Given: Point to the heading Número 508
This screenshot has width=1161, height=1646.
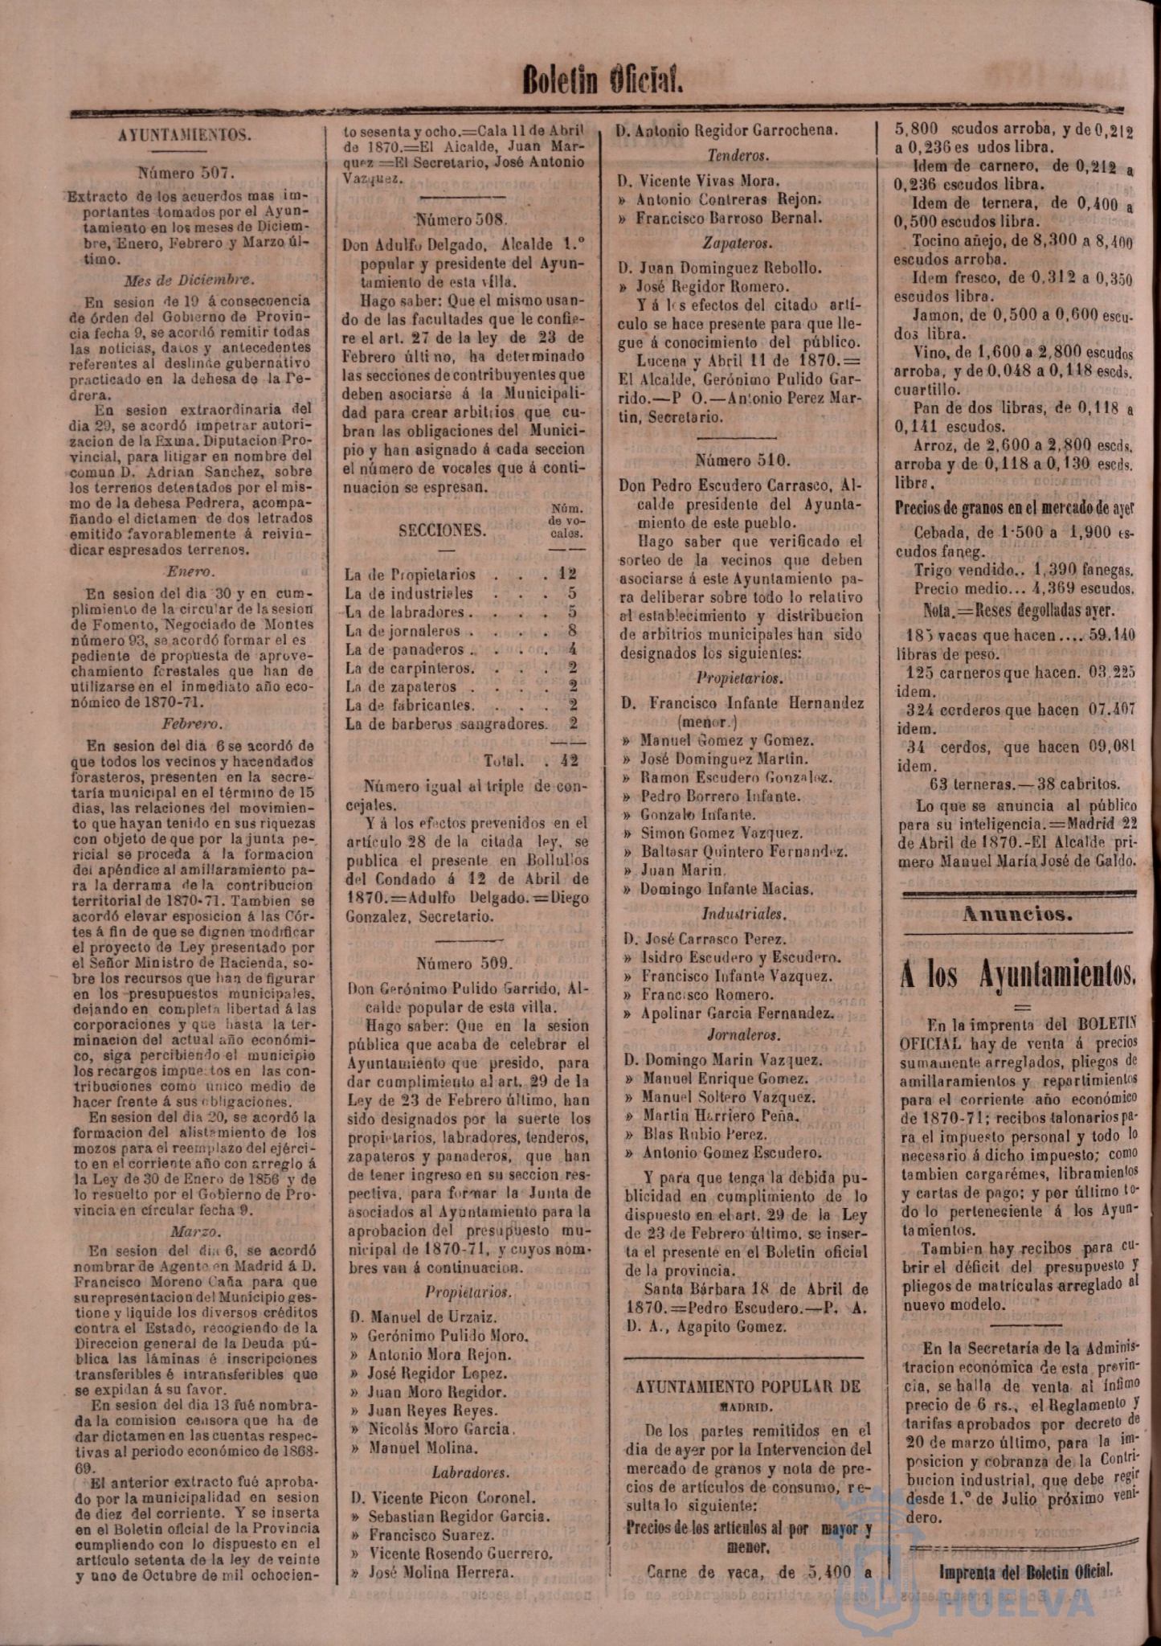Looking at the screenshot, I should point(462,219).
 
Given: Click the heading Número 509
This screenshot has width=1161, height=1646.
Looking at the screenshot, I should point(464,963).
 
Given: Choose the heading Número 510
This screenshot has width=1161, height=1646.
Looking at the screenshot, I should point(743,461).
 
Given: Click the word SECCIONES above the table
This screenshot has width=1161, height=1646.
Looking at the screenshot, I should point(442,530).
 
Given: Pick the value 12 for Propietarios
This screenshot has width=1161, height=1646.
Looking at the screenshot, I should point(568,575).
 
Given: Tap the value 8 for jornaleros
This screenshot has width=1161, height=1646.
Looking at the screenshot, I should point(572,631).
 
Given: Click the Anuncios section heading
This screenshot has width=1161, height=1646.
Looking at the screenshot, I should point(1019,914).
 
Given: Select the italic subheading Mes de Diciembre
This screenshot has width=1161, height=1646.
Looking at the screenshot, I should point(190,280).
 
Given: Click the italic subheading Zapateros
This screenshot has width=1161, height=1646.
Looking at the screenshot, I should point(738,242).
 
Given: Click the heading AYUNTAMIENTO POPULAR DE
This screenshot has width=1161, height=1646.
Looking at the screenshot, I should point(747,1386).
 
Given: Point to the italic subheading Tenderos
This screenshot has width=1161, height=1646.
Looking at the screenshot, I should point(738,156).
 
